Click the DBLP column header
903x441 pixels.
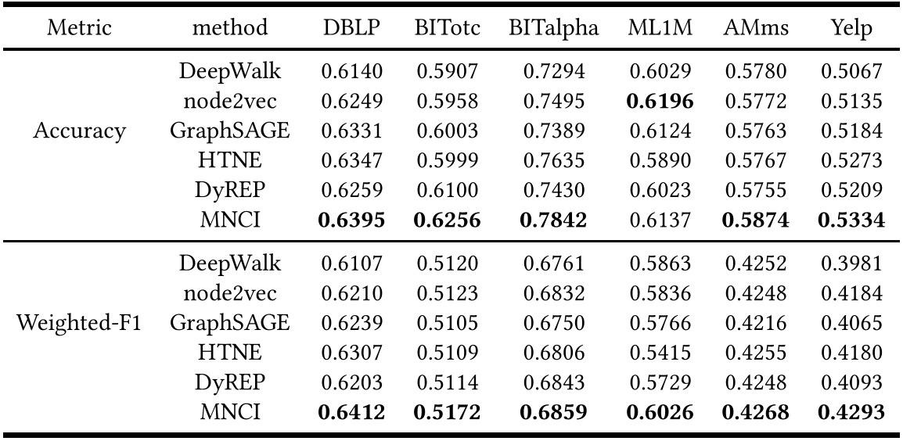coord(351,29)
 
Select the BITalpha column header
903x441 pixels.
coord(553,29)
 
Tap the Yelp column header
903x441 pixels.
coord(852,29)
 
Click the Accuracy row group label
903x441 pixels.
coord(79,131)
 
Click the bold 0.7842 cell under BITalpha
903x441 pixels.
coord(553,221)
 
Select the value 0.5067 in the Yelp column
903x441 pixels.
coord(852,72)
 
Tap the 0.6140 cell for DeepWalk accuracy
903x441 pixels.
coord(351,72)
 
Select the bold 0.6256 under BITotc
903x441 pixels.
coord(447,221)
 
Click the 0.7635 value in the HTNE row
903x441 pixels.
coord(553,162)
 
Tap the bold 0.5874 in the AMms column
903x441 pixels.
coord(755,221)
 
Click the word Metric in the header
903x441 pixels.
coord(79,29)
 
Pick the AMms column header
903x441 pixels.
coord(755,29)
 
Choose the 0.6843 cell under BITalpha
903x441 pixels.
coord(553,381)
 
